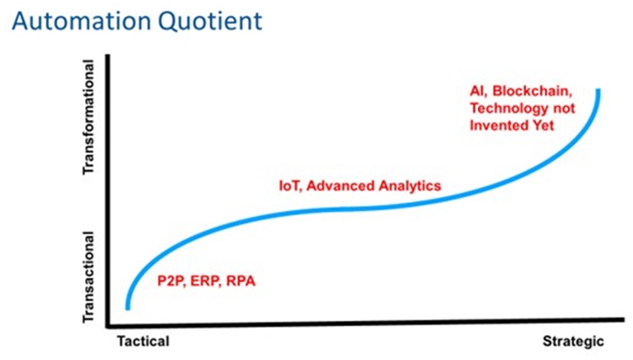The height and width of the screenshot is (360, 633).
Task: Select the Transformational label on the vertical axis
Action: click(88, 117)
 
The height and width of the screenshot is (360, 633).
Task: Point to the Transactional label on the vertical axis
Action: click(88, 277)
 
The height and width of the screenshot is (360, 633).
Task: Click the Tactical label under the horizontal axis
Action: click(144, 341)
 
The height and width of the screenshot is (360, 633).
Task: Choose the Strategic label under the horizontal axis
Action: click(573, 341)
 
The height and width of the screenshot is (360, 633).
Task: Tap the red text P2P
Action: click(171, 281)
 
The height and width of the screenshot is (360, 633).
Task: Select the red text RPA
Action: click(241, 280)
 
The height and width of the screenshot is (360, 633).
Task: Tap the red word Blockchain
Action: click(532, 91)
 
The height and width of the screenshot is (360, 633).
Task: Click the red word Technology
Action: click(509, 109)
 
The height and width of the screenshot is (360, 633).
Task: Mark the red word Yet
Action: click(543, 126)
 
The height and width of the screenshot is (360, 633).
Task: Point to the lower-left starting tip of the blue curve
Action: click(127, 309)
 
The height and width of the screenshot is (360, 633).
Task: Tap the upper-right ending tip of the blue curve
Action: click(598, 90)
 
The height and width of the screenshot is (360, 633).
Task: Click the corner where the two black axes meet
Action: click(108, 326)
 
